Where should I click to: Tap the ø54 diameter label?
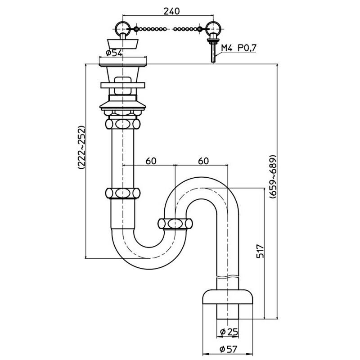114,53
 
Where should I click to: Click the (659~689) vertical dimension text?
272,175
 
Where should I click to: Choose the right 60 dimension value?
202,160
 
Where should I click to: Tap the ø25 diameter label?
229,332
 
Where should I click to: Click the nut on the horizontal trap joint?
175,223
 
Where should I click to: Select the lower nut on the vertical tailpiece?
122,193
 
